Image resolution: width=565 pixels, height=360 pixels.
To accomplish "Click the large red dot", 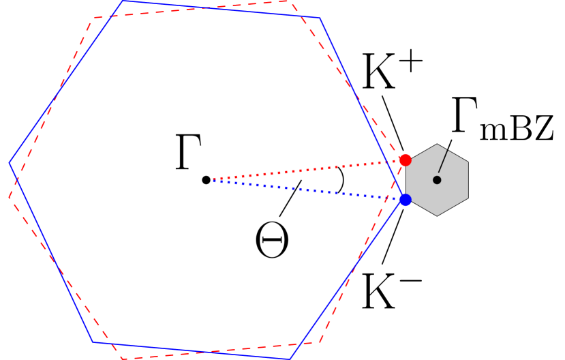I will click(x=405, y=160).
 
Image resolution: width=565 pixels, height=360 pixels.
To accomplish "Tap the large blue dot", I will click(x=405, y=200).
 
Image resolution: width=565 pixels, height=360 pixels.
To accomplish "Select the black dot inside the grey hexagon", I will click(x=437, y=180).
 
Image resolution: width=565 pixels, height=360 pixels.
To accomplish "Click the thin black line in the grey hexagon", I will click(x=443, y=162).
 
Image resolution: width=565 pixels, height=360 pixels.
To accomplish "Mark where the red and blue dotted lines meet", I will click(x=213, y=180).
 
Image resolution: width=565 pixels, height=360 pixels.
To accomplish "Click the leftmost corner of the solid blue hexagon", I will click(x=9, y=163).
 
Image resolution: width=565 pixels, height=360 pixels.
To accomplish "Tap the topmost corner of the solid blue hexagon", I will click(x=123, y=1).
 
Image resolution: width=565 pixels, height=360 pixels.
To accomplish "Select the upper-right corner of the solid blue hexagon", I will click(x=319, y=18).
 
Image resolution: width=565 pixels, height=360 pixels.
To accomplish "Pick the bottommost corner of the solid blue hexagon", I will click(x=290, y=359).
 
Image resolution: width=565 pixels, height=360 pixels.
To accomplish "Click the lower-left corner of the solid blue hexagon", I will click(x=93, y=342).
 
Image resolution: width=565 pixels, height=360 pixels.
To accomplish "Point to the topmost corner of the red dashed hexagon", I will click(x=291, y=1).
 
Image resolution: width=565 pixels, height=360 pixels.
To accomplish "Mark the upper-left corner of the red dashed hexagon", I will click(x=94, y=18).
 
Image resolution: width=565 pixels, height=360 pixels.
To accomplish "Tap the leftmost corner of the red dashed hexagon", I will click(x=9, y=198).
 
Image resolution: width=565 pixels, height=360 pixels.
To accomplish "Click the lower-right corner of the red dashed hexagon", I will click(x=319, y=342).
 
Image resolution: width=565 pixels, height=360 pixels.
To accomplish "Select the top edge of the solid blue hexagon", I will click(x=222, y=10).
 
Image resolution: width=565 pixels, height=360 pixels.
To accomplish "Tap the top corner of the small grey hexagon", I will click(x=437, y=144).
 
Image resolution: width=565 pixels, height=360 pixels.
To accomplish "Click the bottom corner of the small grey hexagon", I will click(x=437, y=216).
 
